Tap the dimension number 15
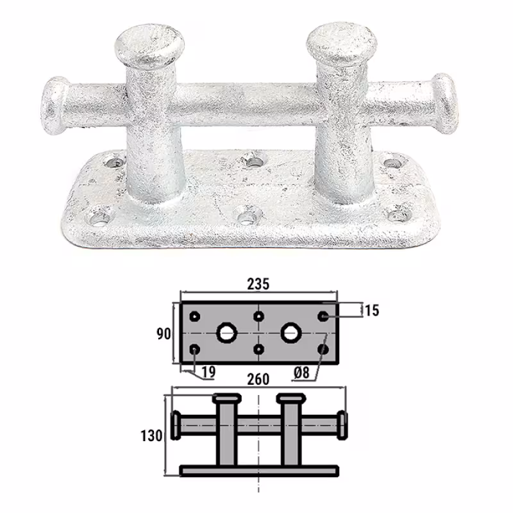coord(371,310)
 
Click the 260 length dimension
coord(258,379)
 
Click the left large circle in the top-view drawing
coord(226,332)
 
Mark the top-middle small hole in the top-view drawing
coord(258,316)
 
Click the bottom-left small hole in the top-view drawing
coord(196,349)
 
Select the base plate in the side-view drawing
coord(258,471)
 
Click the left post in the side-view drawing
coord(225,430)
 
